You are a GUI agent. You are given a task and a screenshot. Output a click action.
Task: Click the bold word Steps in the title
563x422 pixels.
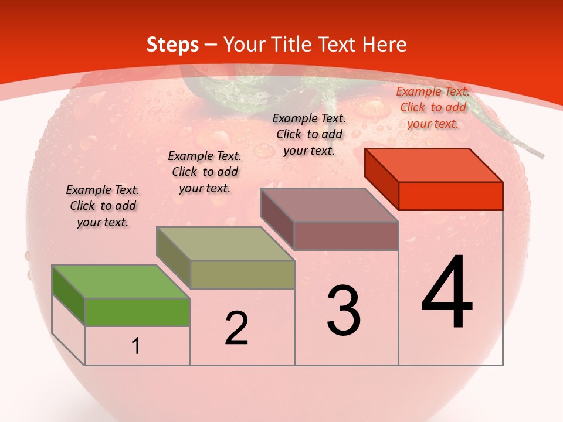pos(172,45)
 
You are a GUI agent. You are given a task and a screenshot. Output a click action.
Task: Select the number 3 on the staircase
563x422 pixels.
pos(344,311)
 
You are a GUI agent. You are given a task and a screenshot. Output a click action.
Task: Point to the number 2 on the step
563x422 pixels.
pos(236,328)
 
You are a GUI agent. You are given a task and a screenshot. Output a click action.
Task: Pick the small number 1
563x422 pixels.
pos(136,346)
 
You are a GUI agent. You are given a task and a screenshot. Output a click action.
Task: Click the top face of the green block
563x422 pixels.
pos(121,281)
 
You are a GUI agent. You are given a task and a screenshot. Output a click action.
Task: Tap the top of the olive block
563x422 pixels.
pos(225,243)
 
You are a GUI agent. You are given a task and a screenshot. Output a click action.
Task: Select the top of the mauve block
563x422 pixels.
pos(330,205)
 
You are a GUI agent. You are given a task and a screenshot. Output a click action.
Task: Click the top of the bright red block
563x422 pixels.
pos(434,165)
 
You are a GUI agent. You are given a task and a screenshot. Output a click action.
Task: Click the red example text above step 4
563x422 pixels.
pos(433,107)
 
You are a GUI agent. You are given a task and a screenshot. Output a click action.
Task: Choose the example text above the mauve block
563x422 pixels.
pos(309,134)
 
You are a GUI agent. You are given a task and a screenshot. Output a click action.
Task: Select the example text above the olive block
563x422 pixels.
pos(205,172)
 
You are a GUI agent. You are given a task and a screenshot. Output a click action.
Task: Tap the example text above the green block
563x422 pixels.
pos(103,206)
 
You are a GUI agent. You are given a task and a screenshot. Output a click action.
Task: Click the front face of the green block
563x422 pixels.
pos(137,311)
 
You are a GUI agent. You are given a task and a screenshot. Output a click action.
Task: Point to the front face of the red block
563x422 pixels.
pos(450,196)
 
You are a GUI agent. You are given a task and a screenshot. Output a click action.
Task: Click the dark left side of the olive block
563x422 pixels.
pos(173,258)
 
